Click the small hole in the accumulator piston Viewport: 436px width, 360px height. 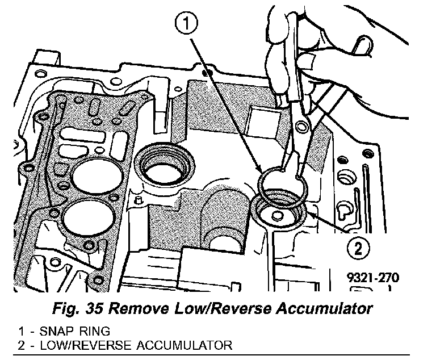click(278, 216)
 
